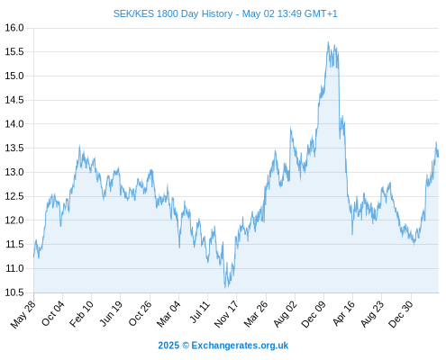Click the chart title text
(x=225, y=13)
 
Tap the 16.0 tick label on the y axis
(x=14, y=28)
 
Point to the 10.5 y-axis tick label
(x=14, y=292)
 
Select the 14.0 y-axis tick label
(x=14, y=124)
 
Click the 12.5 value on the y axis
(x=14, y=196)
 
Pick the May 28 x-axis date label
(x=23, y=314)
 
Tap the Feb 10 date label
(x=81, y=314)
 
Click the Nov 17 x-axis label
(x=226, y=314)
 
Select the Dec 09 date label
(x=314, y=314)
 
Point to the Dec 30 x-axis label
(x=401, y=314)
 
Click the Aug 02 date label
(x=285, y=314)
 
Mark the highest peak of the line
(x=328, y=42)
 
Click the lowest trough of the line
(x=225, y=288)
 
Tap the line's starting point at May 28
(x=33, y=256)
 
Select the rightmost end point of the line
(x=438, y=157)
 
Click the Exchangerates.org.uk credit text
(x=240, y=346)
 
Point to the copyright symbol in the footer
(x=186, y=346)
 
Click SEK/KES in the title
(x=133, y=13)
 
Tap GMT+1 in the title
(x=321, y=13)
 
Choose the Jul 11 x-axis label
(x=198, y=312)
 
